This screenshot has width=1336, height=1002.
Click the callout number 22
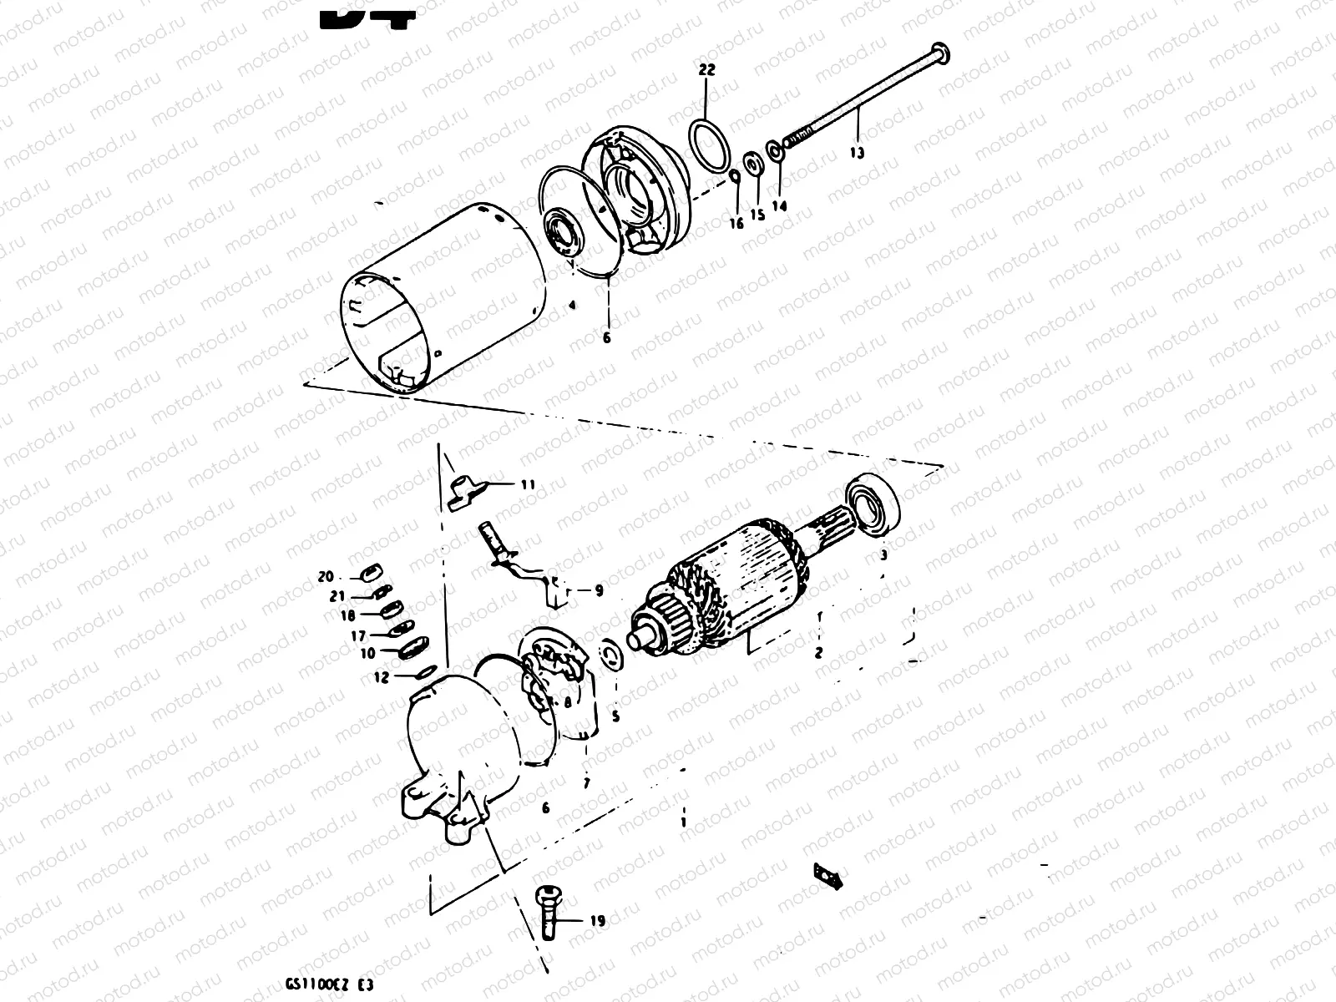pos(706,71)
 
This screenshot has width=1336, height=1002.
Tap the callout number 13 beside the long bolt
pos(858,153)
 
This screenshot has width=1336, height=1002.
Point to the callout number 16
pos(736,223)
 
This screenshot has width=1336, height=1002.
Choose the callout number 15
pos(757,215)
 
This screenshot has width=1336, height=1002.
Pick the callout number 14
pos(779,205)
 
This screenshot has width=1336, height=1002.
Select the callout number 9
pos(599,591)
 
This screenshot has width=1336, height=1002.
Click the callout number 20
pos(326,577)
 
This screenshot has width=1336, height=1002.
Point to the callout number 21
pos(337,596)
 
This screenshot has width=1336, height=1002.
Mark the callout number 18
pos(347,615)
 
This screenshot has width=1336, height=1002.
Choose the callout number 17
pos(357,635)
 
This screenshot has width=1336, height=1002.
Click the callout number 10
pos(368,654)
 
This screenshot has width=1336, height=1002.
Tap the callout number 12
pos(381,678)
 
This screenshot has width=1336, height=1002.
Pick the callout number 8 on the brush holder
pos(568,703)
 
